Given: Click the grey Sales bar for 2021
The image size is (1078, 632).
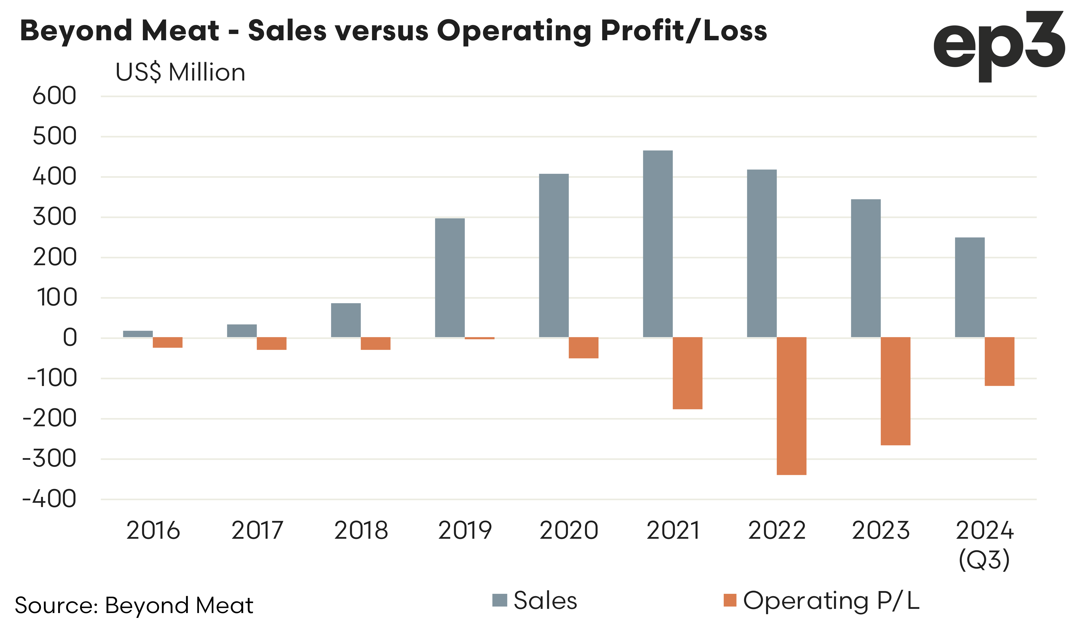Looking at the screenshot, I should pos(658,244).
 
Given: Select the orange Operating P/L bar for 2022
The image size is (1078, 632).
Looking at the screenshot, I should pos(791,406).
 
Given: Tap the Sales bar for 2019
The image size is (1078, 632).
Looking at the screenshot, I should pos(450,278).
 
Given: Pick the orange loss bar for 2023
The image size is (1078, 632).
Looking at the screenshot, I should pos(895,391).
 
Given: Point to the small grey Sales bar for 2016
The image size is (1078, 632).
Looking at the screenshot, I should pos(138,334).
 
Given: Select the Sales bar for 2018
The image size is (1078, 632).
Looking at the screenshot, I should pos(346,320).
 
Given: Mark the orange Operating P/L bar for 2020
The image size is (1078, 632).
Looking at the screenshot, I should pos(583,348).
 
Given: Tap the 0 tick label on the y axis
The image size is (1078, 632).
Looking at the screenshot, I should pos(70,338).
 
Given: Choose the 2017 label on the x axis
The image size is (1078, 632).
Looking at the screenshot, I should pos(257,531).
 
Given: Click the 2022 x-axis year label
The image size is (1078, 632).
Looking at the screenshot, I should pos(776,531).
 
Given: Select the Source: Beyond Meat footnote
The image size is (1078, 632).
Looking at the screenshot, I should pos(134,605).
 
